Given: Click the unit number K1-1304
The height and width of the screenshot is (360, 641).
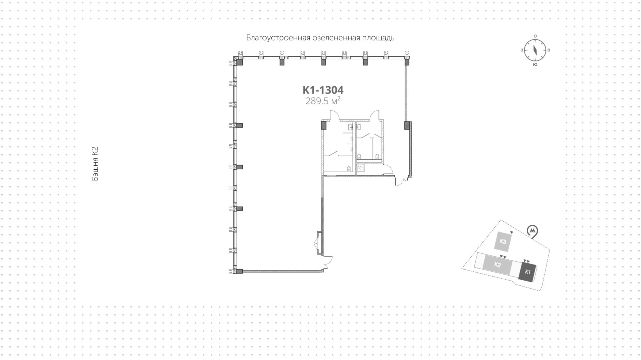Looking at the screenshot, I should [x=323, y=90].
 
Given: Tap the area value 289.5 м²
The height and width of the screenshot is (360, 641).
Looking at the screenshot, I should [x=323, y=101].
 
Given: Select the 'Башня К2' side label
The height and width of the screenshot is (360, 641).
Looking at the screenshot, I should [x=95, y=164].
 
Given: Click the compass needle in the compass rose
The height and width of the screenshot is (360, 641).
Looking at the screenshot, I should [x=535, y=50].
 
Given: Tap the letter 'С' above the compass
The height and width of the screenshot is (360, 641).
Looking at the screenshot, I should [x=535, y=36].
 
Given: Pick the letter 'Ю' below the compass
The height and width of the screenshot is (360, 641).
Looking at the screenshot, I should [x=535, y=64].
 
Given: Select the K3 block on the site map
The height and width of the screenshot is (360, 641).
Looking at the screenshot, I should [x=503, y=241].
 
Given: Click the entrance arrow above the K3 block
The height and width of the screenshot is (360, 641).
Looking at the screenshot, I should [x=511, y=232].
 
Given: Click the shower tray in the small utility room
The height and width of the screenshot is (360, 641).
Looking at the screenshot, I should [x=361, y=168].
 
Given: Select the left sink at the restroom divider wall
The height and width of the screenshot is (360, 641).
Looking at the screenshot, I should [x=350, y=127].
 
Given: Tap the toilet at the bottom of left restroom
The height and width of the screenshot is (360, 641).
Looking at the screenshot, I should [x=349, y=169].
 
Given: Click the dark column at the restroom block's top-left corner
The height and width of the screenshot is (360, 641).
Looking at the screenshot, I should [x=323, y=126].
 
